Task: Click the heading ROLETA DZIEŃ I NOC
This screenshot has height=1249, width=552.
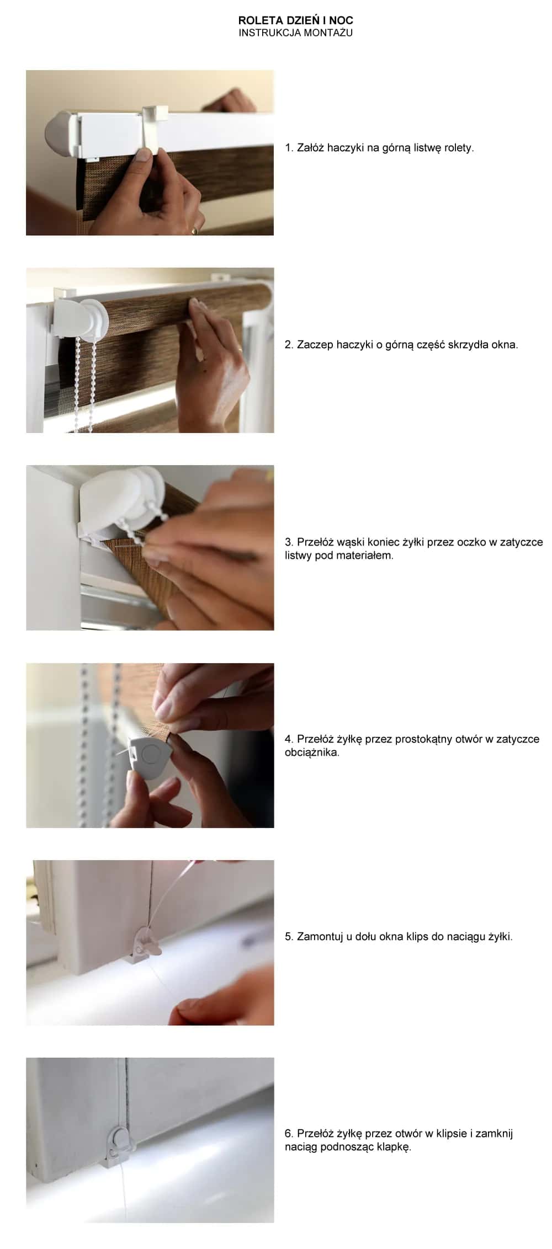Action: coord(296,20)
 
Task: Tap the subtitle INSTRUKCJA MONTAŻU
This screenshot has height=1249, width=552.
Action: coord(296,33)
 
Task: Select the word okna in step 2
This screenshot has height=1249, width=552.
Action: coord(503,345)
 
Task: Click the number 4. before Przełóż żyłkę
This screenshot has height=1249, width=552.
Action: coord(289,739)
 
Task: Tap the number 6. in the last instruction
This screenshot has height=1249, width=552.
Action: coord(289,1134)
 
